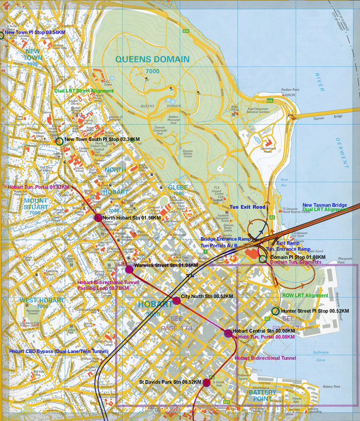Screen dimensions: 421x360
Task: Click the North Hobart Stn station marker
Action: (x=98, y=218)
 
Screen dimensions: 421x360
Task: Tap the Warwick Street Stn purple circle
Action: (x=129, y=269)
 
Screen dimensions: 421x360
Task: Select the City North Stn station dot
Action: (x=176, y=301)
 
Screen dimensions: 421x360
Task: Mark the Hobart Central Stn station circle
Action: (x=228, y=333)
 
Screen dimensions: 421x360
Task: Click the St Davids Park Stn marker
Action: (x=206, y=383)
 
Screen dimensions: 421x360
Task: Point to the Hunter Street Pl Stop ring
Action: (x=275, y=311)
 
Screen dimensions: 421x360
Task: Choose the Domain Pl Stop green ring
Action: (x=263, y=259)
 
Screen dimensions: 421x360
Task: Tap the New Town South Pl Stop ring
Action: (x=60, y=140)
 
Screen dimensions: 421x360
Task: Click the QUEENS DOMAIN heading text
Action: (x=152, y=60)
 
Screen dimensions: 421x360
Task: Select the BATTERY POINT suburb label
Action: (x=262, y=395)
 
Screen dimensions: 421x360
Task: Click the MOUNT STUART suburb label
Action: (x=36, y=204)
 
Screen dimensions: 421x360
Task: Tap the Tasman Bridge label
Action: (x=335, y=117)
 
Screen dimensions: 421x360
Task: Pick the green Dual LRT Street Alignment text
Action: (x=84, y=91)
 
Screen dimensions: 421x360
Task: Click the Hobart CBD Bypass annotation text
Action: (x=59, y=351)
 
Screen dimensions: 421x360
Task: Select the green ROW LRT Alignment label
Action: (x=305, y=296)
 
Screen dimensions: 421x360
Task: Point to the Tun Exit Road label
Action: (x=247, y=207)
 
